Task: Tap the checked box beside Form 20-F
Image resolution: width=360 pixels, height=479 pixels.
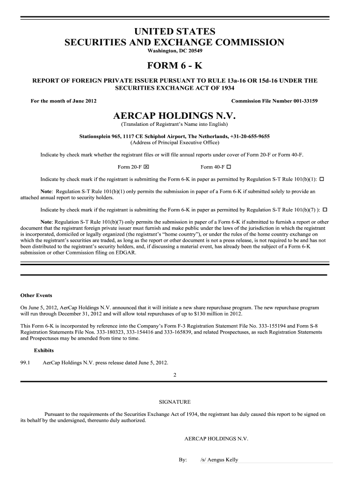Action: click(146, 167)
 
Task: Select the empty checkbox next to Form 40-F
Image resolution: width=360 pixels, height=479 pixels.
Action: click(230, 167)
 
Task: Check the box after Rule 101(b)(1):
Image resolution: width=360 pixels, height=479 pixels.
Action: click(323, 180)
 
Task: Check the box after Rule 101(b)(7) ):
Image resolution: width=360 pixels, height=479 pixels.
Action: click(325, 209)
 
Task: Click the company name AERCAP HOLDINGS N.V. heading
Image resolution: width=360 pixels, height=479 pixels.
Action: click(174, 116)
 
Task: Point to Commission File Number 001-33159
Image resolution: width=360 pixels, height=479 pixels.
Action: click(274, 101)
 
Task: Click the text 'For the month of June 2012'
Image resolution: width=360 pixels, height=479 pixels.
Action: click(64, 101)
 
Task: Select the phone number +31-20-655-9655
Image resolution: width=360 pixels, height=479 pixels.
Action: click(249, 136)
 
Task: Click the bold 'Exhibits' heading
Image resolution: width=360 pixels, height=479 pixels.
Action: click(44, 350)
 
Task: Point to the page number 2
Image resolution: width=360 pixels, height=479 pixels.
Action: click(175, 375)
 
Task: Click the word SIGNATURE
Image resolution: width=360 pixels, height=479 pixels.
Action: click(175, 402)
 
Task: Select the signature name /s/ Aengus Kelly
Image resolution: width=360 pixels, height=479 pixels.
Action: click(219, 460)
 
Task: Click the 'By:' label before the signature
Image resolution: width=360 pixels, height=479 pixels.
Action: click(183, 460)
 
